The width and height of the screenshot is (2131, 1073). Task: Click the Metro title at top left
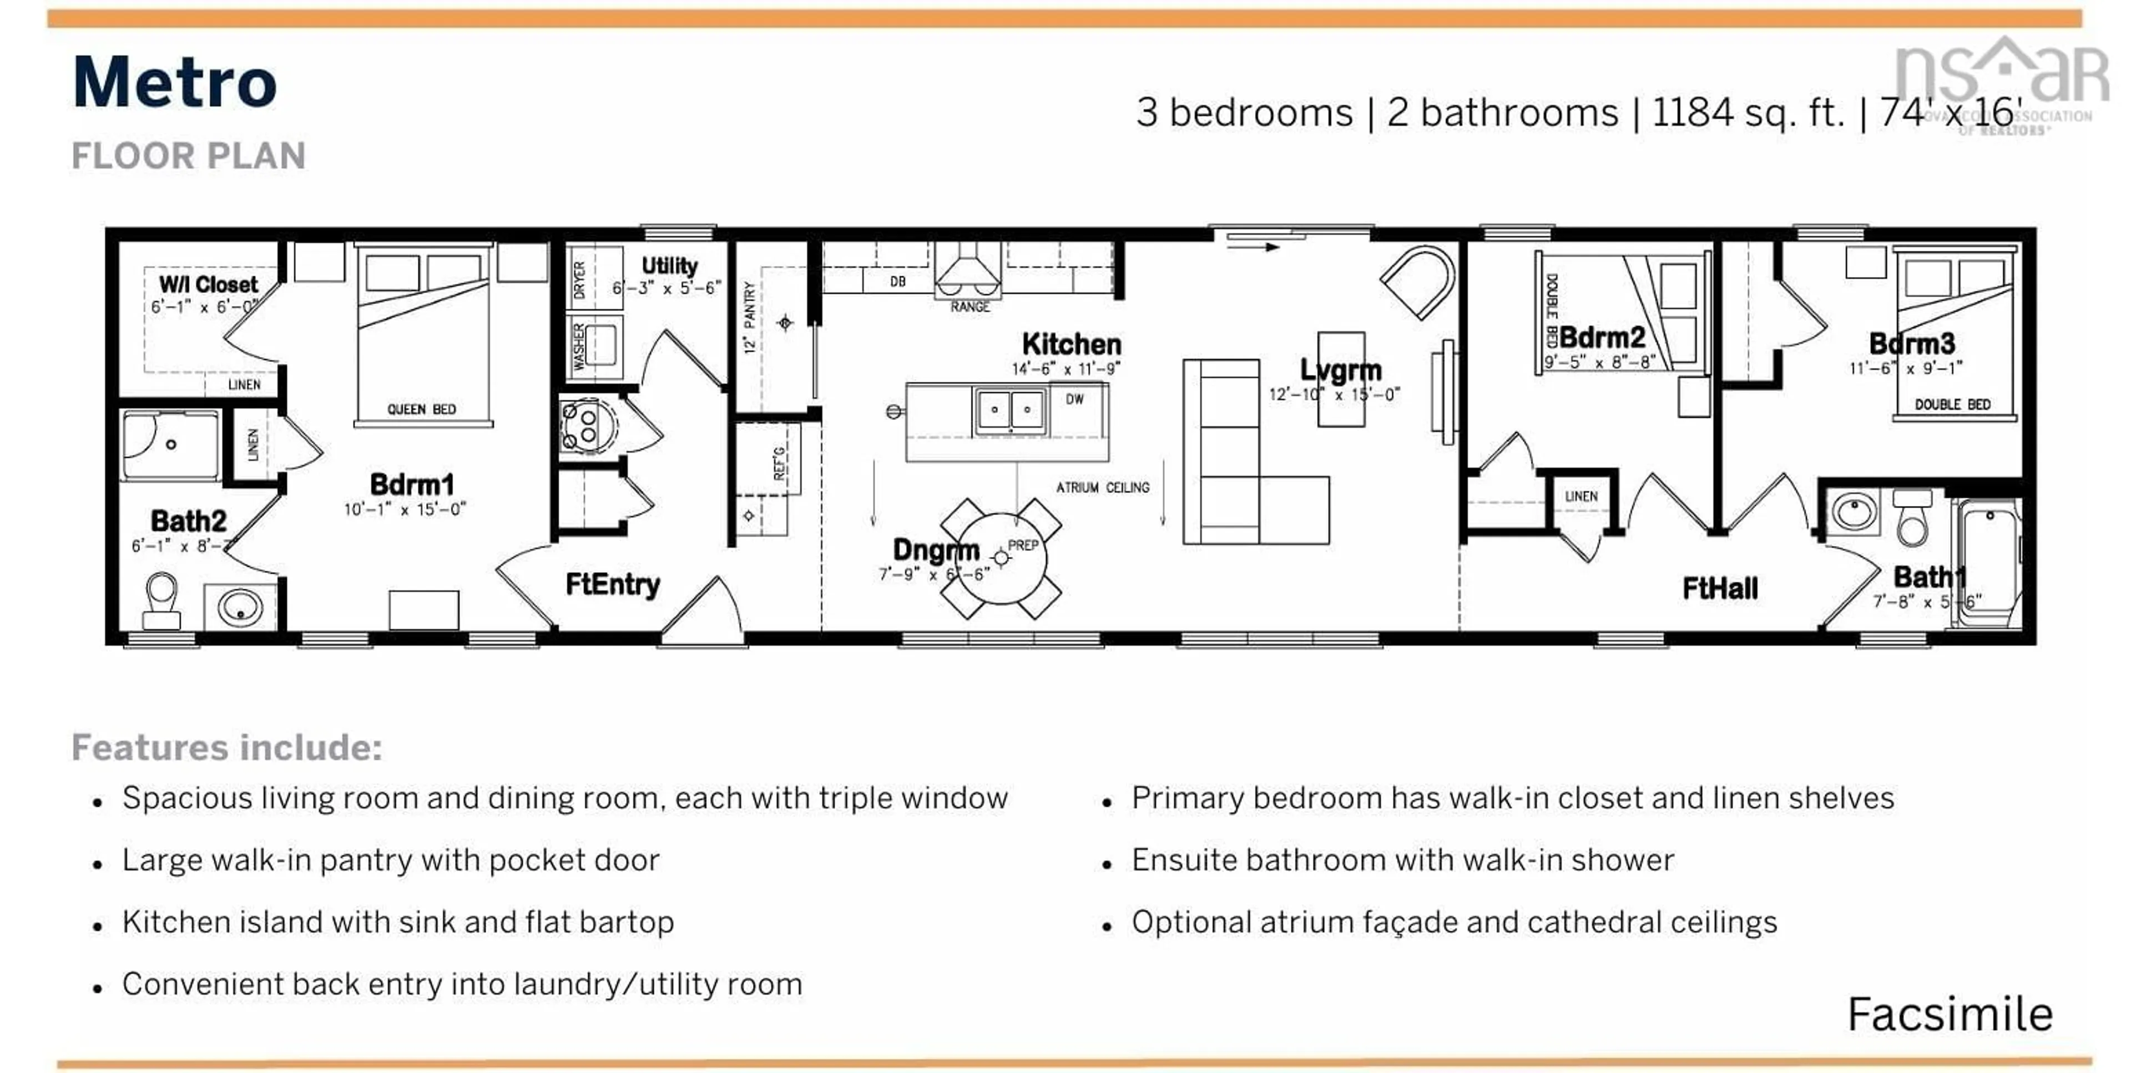click(x=175, y=82)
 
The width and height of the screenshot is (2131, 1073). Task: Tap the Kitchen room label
click(x=1071, y=344)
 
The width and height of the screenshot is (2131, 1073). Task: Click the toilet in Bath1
click(x=1912, y=519)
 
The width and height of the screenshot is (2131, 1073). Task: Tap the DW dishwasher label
click(x=1074, y=399)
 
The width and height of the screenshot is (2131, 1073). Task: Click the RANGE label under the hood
click(x=969, y=307)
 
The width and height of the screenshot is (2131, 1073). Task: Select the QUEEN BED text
click(x=421, y=409)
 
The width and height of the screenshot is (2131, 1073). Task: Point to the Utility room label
click(x=669, y=266)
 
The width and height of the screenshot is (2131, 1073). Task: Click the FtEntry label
click(x=612, y=585)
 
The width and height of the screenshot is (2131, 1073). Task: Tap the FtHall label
click(x=1720, y=588)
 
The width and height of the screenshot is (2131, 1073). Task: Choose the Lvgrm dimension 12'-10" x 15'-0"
click(x=1334, y=394)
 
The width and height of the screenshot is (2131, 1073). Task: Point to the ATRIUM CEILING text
click(x=1102, y=487)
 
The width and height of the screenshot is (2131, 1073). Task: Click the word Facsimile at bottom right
click(x=1950, y=1014)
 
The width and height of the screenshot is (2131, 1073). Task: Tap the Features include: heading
click(x=226, y=747)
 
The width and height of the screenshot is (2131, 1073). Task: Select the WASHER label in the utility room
click(x=578, y=346)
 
